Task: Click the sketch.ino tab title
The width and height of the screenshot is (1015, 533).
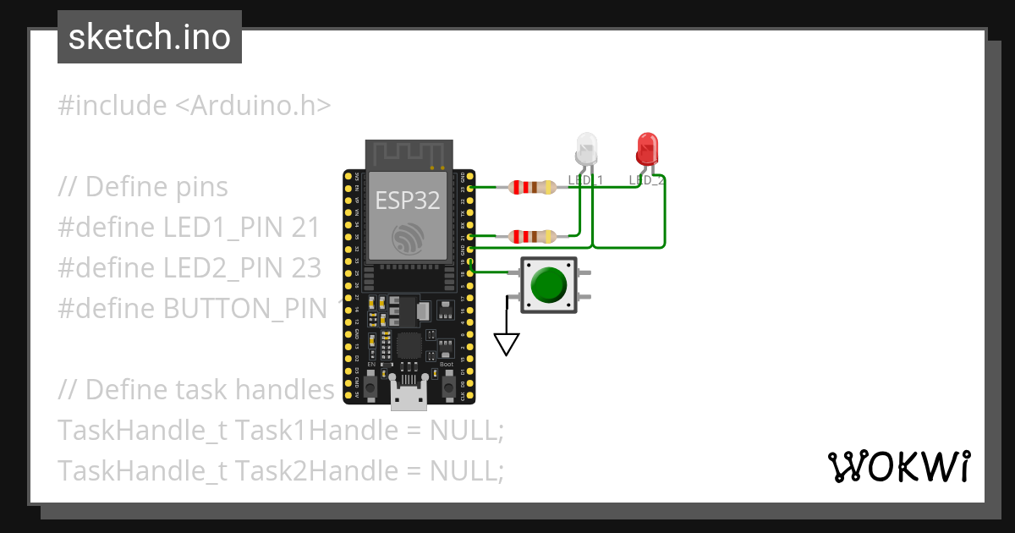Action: coord(149,37)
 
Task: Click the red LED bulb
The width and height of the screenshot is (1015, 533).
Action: coord(647,149)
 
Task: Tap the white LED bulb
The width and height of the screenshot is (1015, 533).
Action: coord(585,149)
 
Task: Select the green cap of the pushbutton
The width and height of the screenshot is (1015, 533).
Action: coord(548,285)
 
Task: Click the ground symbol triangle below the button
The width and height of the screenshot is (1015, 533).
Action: coord(506,343)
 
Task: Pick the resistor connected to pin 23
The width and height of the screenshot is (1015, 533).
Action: coord(531,187)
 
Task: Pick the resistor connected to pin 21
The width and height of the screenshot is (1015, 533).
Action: coord(531,235)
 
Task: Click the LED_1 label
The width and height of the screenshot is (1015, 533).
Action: coord(584,180)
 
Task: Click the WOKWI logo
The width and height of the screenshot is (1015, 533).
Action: coord(898,466)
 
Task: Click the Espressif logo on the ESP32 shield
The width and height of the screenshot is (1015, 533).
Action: coord(409,239)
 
